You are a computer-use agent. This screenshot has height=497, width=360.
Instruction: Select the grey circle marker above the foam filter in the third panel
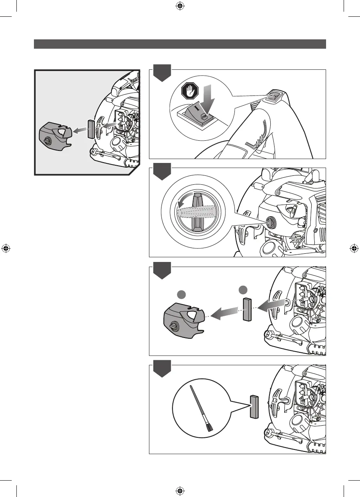243,289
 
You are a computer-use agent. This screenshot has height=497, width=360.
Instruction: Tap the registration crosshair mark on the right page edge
353,248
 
